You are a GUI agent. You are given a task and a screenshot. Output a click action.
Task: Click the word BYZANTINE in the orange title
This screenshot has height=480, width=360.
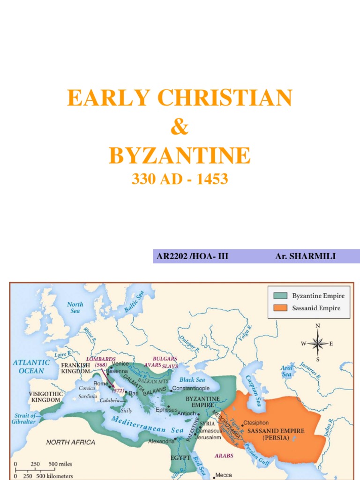coord(180,156)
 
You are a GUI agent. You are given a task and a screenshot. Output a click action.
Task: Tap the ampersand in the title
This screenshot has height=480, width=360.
coord(180,127)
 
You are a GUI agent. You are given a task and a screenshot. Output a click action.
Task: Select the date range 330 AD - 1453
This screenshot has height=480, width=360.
coord(180,179)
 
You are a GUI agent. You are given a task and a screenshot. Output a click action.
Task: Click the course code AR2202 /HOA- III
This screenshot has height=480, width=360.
coord(193,256)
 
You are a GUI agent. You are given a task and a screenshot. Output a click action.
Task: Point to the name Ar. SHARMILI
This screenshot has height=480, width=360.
coord(306,256)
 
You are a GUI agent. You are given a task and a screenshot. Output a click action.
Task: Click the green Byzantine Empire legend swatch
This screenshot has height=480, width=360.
coord(280,296)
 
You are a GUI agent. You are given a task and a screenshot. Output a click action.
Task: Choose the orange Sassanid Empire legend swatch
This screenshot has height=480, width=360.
coord(280,308)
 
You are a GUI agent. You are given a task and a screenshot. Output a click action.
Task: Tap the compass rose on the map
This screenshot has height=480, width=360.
coord(317,343)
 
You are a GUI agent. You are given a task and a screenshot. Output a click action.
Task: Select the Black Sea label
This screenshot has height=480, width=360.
coord(193,379)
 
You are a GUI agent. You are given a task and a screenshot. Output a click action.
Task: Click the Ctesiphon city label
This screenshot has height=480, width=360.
coord(256,422)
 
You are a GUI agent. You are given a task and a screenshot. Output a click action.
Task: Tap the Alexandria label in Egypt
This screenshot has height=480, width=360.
coord(161,442)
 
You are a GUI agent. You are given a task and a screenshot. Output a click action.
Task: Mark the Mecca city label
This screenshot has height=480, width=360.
coord(223,475)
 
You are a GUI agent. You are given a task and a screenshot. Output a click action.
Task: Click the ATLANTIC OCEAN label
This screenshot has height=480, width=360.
coord(31,366)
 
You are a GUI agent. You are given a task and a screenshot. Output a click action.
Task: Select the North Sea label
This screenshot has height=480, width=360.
coord(75,307)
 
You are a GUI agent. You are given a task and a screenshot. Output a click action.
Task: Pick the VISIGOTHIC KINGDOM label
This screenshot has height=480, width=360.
coord(45,397)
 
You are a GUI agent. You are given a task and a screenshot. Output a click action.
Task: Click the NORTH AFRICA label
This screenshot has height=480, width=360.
coord(70,442)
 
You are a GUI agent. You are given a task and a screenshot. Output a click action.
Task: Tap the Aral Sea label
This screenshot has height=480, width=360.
coord(286,371)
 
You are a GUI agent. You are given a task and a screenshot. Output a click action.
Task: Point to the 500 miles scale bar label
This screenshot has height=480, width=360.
coord(60,464)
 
